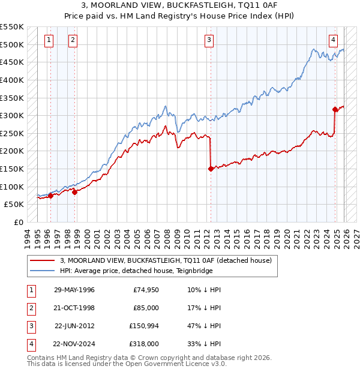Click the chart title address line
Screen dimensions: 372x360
click(x=180, y=5)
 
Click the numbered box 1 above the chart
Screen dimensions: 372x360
click(x=49, y=40)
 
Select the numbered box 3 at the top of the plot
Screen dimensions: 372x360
click(x=209, y=40)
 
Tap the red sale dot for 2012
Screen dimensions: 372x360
click(x=211, y=169)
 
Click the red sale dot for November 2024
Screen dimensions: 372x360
click(x=335, y=109)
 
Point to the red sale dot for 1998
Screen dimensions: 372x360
click(x=75, y=192)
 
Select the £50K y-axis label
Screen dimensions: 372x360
click(x=14, y=204)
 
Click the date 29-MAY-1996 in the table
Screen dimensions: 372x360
click(x=74, y=290)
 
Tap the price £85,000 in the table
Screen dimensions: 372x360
click(x=146, y=308)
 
